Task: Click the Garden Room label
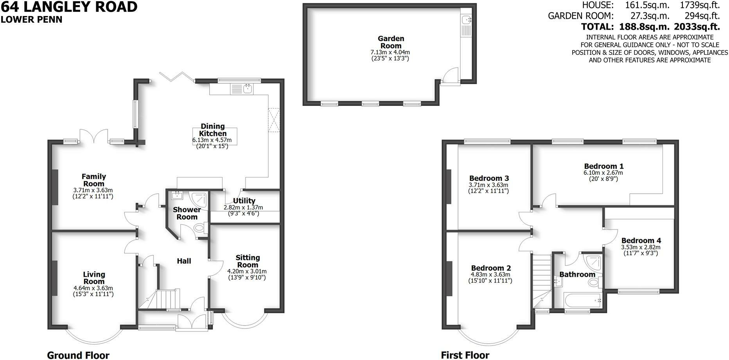tap(391, 42)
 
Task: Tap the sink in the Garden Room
tap(467, 19)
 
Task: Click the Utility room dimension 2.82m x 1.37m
tap(243, 208)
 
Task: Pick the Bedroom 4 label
tap(641, 240)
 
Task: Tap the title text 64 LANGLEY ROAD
tap(69, 7)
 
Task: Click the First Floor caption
tap(465, 355)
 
